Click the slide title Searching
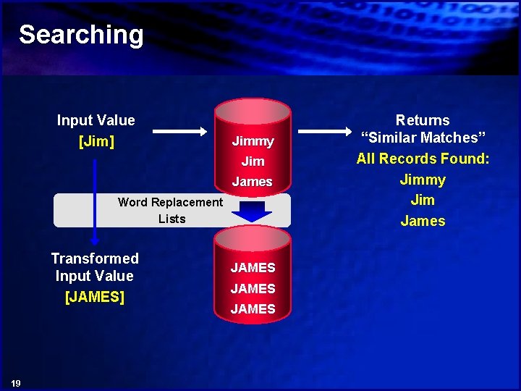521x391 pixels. pyautogui.click(x=81, y=34)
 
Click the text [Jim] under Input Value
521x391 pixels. pyautogui.click(x=96, y=140)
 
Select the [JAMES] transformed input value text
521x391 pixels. pyautogui.click(x=95, y=296)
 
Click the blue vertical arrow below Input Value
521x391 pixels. pyautogui.click(x=95, y=203)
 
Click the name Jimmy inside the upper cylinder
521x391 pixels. pyautogui.click(x=253, y=141)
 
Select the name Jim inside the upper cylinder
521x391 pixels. pyautogui.click(x=253, y=161)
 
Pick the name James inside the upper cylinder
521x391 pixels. pyautogui.click(x=253, y=182)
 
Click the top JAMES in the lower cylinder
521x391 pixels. pyautogui.click(x=253, y=268)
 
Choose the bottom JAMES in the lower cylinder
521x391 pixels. pyautogui.click(x=253, y=309)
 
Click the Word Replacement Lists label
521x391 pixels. pyautogui.click(x=171, y=210)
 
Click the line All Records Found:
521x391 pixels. pyautogui.click(x=423, y=159)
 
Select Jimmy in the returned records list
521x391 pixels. pyautogui.click(x=423, y=180)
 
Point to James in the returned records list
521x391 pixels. pyautogui.click(x=423, y=221)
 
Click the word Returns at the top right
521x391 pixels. pyautogui.click(x=423, y=120)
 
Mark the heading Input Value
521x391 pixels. pyautogui.click(x=96, y=120)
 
